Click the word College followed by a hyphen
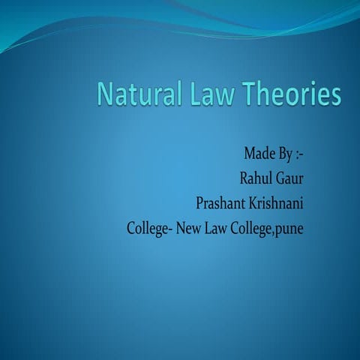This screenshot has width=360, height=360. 150,227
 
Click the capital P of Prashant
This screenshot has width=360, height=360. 199,202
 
